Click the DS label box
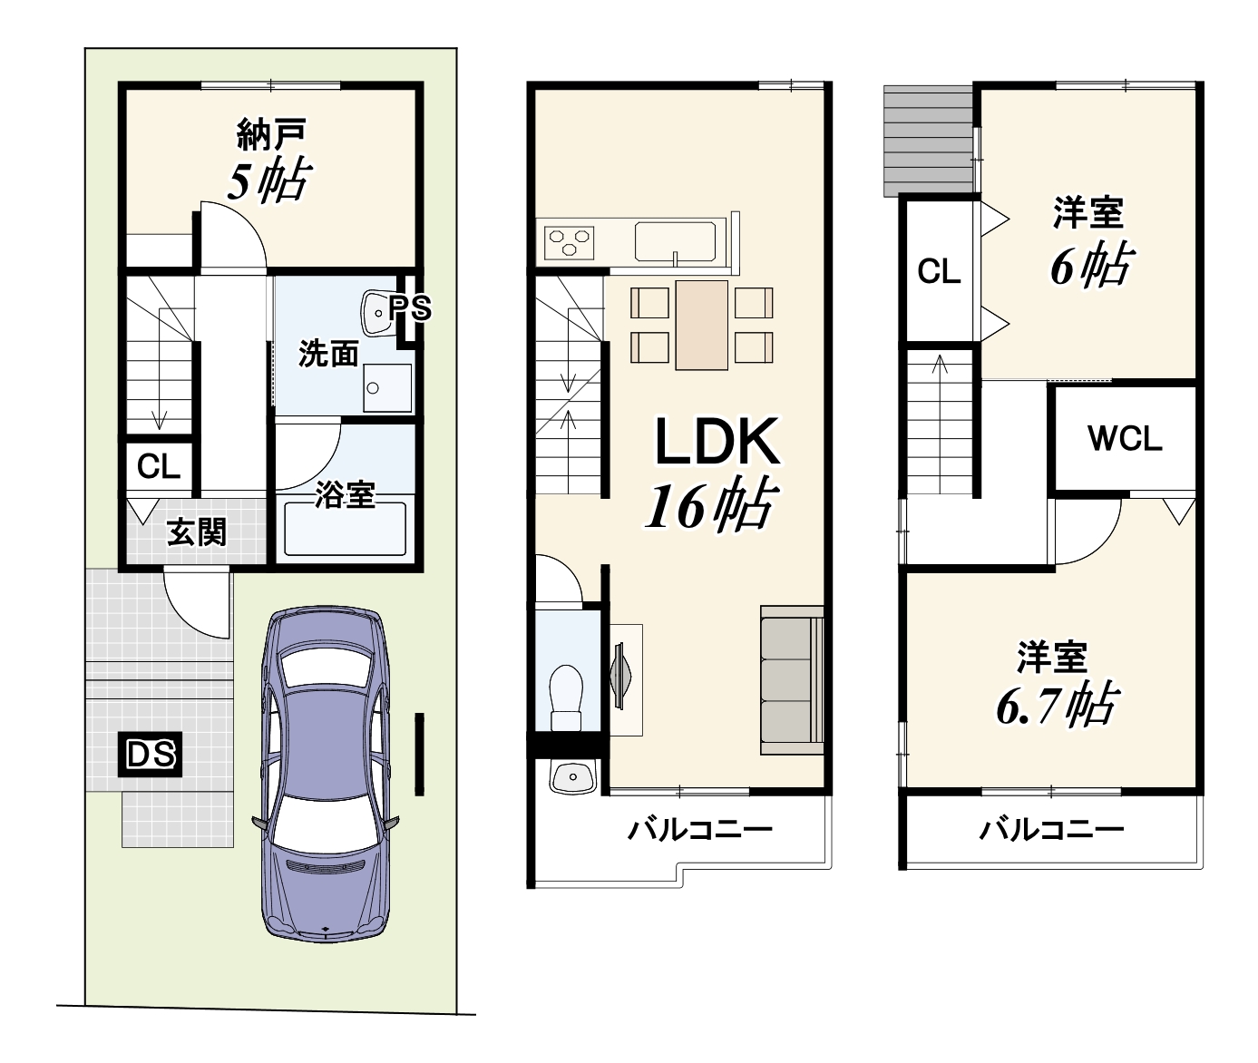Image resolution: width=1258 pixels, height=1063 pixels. point(150,754)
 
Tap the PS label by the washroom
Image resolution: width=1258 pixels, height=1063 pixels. point(410,308)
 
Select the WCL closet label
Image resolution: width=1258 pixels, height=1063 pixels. point(1125,439)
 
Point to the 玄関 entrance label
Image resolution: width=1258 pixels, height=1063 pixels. point(197,532)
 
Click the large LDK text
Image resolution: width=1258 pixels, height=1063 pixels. point(717,442)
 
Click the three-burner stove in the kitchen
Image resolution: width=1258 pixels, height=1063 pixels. point(569,243)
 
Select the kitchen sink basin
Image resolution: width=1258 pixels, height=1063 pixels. point(676,242)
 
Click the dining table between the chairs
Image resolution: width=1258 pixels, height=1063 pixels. point(702,325)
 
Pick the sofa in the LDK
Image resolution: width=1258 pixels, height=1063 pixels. point(792,679)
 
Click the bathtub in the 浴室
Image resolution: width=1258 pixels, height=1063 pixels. point(345,529)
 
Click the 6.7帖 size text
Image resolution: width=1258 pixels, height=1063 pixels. point(1058,704)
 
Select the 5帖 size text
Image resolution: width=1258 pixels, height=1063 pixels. point(269,180)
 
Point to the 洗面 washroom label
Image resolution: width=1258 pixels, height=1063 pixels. point(329,354)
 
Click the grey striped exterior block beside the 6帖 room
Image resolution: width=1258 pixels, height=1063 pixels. point(928,141)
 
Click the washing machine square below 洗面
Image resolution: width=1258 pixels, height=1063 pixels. point(386,388)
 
